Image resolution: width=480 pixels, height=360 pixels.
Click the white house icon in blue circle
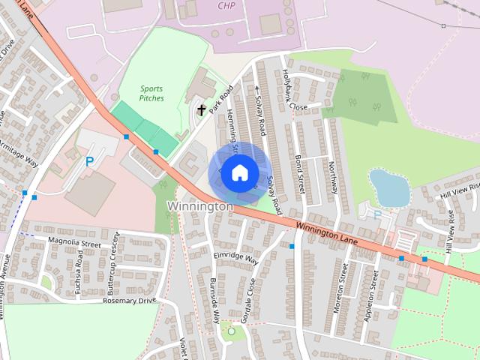[239, 173]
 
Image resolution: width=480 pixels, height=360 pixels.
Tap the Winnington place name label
[200, 205]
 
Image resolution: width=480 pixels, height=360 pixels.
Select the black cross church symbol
[201, 110]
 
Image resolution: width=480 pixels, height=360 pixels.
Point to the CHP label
[226, 5]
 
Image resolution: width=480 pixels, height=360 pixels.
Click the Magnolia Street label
[73, 243]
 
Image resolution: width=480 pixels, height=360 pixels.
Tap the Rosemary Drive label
[130, 300]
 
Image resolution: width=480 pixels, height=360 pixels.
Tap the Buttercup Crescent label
[113, 256]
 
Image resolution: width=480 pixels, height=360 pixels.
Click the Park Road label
[222, 99]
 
